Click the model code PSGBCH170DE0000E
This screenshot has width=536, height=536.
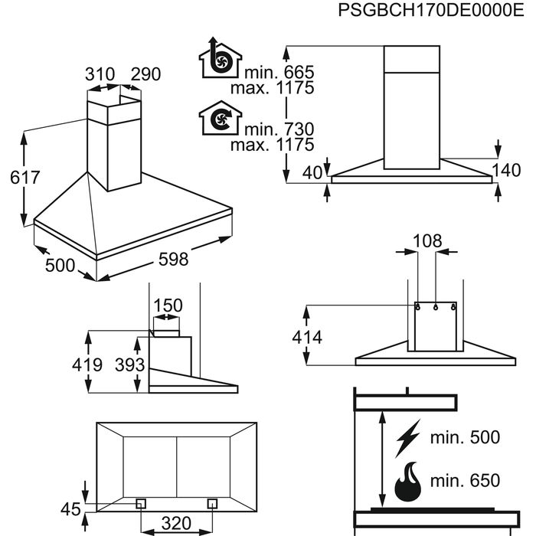[x=430, y=10]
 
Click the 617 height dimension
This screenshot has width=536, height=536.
[x=25, y=178]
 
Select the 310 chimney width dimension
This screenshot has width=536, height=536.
[x=100, y=74]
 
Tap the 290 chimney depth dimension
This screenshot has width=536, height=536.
[x=145, y=74]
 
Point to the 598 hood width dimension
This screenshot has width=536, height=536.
[x=173, y=259]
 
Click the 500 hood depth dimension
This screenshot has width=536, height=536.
[x=60, y=265]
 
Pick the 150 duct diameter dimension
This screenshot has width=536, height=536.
[x=168, y=306]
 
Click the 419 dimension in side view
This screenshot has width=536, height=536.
[x=87, y=364]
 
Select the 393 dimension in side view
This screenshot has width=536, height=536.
[x=130, y=364]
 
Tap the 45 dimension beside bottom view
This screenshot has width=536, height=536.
[x=70, y=509]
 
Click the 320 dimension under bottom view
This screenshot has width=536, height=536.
[x=176, y=523]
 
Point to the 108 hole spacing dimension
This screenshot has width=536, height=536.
[x=427, y=241]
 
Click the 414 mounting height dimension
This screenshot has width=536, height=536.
[x=307, y=338]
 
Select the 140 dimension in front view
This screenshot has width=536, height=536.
[x=506, y=170]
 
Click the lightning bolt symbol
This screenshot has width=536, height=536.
[x=408, y=438]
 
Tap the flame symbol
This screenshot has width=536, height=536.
[x=408, y=482]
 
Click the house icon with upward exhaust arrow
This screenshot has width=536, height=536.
[x=221, y=57]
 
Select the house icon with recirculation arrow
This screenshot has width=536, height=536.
[x=221, y=118]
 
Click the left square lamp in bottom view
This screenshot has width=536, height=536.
[x=141, y=504]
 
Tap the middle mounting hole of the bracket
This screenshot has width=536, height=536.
[x=436, y=307]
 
